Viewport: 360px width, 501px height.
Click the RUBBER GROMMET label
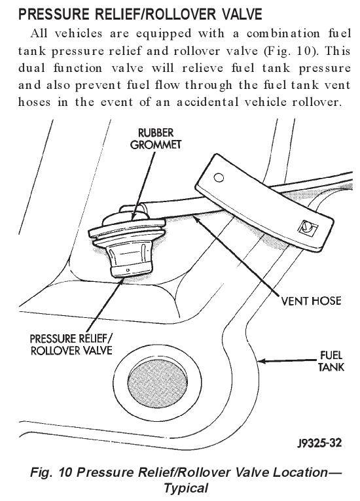pos(156,139)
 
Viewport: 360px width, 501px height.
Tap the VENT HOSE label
pos(311,301)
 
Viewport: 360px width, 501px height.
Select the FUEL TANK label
pos(331,361)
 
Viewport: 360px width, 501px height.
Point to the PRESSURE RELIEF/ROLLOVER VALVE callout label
pos(71,345)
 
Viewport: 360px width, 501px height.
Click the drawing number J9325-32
pos(319,443)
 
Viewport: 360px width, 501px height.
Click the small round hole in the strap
pos(219,177)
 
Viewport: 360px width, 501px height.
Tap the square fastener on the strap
pos(308,228)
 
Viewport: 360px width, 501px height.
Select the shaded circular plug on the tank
pos(158,383)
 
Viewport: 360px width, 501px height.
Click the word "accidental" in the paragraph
pos(207,102)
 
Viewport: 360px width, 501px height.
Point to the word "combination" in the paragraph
pos(283,33)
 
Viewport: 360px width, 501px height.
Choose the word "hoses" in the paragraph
pos(34,102)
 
